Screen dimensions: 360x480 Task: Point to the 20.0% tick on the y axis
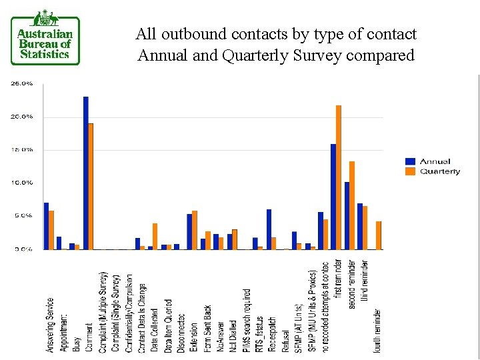tap(22, 117)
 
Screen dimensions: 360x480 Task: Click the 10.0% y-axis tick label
tap(22, 183)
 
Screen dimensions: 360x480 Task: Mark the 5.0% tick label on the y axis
tap(22, 216)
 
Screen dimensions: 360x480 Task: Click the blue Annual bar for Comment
tap(85, 173)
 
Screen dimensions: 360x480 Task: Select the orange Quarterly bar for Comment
tap(91, 186)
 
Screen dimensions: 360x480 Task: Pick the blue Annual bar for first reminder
tap(333, 197)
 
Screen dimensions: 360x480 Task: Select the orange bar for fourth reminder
tap(378, 235)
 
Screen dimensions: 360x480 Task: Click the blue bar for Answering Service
tap(46, 226)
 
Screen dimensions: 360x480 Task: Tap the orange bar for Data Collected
tap(155, 237)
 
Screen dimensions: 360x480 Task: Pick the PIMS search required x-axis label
tap(247, 320)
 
